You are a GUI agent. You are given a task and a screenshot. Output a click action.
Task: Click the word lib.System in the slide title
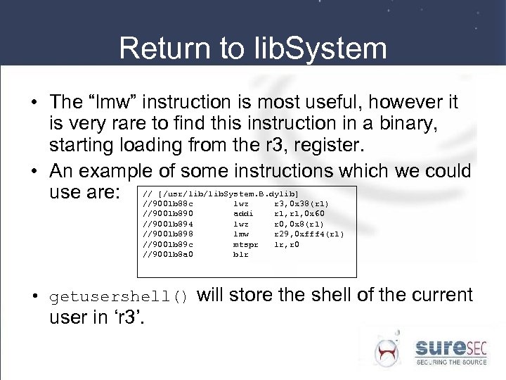pos(317,49)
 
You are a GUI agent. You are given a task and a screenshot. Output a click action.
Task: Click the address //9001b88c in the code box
pos(168,203)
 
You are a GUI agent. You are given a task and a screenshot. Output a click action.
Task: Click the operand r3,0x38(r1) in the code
pos(301,203)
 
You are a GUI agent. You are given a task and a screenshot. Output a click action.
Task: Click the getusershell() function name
pos(119,297)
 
